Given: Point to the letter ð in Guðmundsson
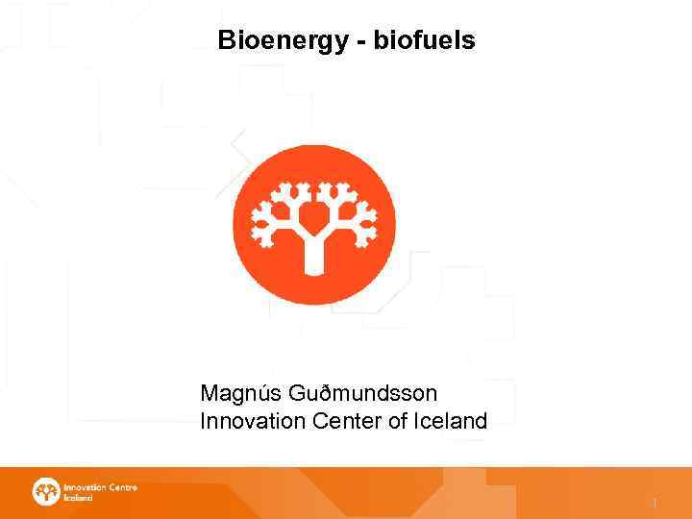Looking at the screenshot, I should [318, 393].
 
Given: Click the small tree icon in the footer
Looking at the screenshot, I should [46, 491].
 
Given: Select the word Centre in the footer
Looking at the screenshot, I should [123, 487].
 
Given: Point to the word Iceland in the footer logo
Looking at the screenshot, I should [78, 498].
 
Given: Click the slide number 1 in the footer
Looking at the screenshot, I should [655, 503].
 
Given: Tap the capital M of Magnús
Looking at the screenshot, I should [209, 393].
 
